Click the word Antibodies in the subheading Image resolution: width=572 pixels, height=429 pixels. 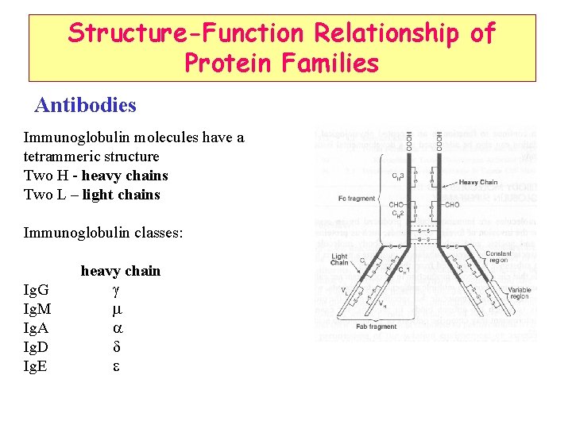tap(86, 105)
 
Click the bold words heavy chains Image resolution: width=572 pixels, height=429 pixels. tap(125, 176)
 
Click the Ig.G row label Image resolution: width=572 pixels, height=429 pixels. tap(37, 290)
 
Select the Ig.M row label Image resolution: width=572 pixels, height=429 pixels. tap(37, 309)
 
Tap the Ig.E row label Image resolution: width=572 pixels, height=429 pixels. tap(36, 366)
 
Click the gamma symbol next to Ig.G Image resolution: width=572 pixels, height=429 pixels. tap(116, 290)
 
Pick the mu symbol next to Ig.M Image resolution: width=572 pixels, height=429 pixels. tap(116, 309)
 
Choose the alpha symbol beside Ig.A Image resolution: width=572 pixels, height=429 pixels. tap(117, 328)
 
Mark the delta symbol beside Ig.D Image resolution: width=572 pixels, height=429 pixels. tap(116, 347)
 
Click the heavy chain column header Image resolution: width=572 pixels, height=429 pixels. tap(121, 271)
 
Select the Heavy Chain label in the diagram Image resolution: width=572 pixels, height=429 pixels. tap(479, 182)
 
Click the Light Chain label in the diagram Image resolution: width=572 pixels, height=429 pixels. tap(340, 261)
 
